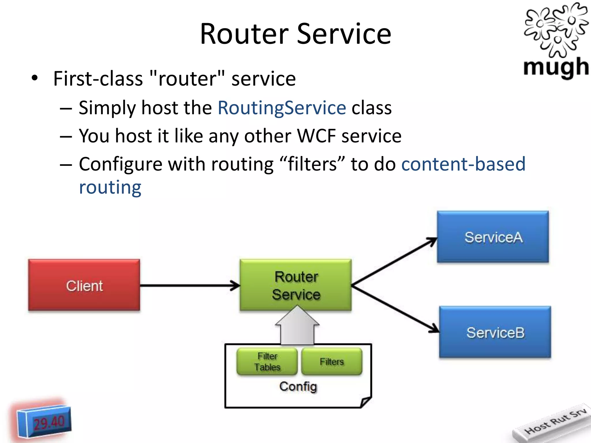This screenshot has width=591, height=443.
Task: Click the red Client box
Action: point(84,285)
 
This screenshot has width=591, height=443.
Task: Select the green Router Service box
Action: point(296,285)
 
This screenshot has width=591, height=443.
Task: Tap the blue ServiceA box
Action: point(493,237)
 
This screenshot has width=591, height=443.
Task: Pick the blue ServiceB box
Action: point(495,332)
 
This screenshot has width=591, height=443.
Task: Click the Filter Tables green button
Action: point(267,361)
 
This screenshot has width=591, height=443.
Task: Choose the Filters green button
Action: point(332,361)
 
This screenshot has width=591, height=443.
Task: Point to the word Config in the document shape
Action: point(298,386)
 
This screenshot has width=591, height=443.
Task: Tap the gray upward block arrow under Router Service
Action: point(297,327)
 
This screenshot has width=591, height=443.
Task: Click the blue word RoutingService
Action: point(282,108)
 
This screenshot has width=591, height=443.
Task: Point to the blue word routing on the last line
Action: point(110,187)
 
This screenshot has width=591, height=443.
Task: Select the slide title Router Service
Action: point(295,34)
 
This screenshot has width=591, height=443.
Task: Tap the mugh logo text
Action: point(556,67)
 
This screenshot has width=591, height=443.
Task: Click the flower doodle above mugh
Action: point(556,29)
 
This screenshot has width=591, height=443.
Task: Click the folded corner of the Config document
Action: point(365,401)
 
